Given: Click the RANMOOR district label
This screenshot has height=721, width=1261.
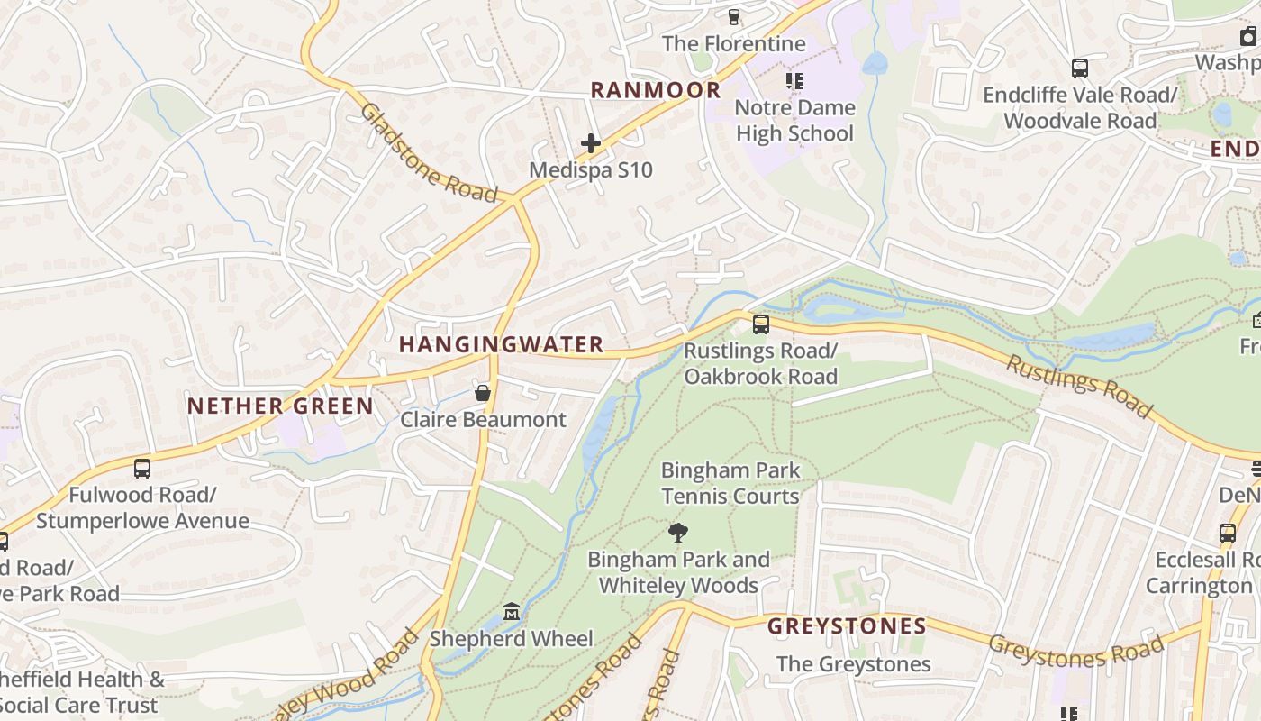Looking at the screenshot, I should [x=656, y=90].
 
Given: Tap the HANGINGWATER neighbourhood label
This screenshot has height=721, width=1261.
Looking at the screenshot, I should [x=501, y=344].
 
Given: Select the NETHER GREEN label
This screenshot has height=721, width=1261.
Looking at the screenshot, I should [x=280, y=406].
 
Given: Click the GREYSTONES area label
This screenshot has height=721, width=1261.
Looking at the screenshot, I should [x=847, y=625].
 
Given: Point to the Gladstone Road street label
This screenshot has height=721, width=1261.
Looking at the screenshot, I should [x=429, y=153].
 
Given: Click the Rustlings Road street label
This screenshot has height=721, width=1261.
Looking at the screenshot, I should [x=1078, y=387].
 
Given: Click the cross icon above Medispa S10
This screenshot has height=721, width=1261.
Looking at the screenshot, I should [x=591, y=143].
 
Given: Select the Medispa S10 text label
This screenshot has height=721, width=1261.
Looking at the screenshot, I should [x=591, y=169].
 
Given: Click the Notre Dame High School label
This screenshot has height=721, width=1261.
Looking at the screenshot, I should [x=794, y=121].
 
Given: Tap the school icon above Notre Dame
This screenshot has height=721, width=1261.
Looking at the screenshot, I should [x=794, y=81].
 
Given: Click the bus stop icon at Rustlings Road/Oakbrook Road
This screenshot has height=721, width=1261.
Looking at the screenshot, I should [x=761, y=324].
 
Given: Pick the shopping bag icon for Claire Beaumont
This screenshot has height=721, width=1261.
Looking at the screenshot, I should [x=483, y=393].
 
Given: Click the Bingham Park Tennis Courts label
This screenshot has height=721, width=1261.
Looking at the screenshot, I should [x=730, y=483].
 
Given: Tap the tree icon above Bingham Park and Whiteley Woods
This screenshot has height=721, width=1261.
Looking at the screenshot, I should [x=678, y=533].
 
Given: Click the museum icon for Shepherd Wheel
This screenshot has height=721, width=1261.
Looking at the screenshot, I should [x=512, y=612].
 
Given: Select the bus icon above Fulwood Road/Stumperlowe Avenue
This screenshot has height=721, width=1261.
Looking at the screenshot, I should [x=142, y=468].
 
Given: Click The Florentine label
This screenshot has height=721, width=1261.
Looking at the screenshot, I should [x=733, y=43].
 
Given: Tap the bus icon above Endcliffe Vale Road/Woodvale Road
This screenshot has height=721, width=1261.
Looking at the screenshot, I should [x=1079, y=68].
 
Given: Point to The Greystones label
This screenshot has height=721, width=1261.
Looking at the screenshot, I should [x=853, y=664].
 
